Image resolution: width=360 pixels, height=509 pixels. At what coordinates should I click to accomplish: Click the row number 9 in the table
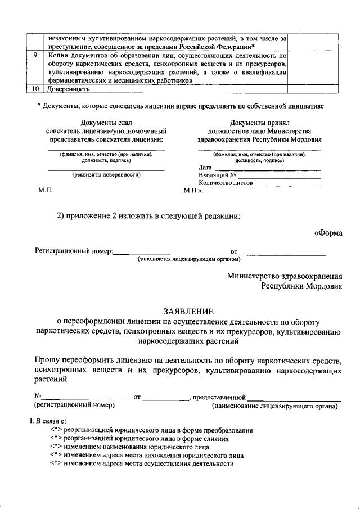pos(35,56)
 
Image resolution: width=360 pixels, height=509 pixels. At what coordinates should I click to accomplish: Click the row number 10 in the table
pos(35,89)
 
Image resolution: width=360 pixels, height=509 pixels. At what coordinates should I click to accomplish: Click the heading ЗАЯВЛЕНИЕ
pos(188,310)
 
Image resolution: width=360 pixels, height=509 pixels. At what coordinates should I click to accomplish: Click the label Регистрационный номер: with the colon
pos(74,251)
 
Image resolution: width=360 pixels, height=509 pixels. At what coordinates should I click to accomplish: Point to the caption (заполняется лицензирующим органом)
pos(189,259)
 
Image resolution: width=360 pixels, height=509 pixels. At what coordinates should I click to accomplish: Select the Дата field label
pos(205,167)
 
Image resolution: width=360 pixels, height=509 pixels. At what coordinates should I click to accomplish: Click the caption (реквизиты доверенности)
pos(106,174)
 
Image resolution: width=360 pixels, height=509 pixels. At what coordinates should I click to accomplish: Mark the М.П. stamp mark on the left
pos(46,191)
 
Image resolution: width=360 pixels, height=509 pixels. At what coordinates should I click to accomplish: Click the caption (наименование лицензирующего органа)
pos(275,405)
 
